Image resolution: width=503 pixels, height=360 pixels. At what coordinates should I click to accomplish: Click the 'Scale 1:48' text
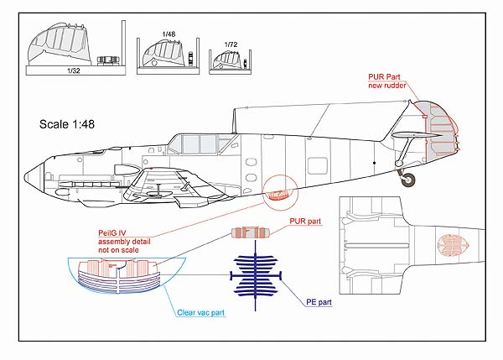[x=70, y=124]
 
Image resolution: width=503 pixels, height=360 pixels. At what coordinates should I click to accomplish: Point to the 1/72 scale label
[x=231, y=44]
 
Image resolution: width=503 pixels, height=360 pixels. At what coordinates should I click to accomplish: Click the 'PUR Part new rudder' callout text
[x=388, y=81]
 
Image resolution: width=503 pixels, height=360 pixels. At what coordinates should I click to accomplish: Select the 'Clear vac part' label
[x=200, y=312]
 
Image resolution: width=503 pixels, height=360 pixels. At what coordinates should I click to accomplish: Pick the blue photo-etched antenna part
[x=256, y=274]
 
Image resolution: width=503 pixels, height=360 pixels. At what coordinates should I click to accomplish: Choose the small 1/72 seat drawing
[x=225, y=61]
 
